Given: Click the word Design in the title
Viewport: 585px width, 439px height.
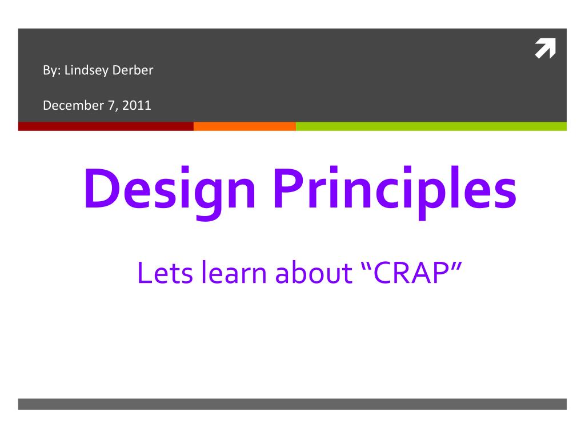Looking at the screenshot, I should pos(169,189).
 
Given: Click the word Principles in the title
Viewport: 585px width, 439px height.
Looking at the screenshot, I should pos(394,189).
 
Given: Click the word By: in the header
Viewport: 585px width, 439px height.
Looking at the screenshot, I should pos(52,71).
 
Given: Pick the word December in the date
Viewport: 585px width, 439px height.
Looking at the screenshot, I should pos(69,105).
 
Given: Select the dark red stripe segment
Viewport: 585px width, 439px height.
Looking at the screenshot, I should pos(106,126).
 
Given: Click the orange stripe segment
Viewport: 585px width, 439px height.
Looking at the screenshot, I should pos(245,126).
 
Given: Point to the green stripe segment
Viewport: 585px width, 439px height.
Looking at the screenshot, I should pos(431,126).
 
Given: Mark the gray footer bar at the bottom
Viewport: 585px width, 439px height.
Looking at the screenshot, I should pos(292,404).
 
